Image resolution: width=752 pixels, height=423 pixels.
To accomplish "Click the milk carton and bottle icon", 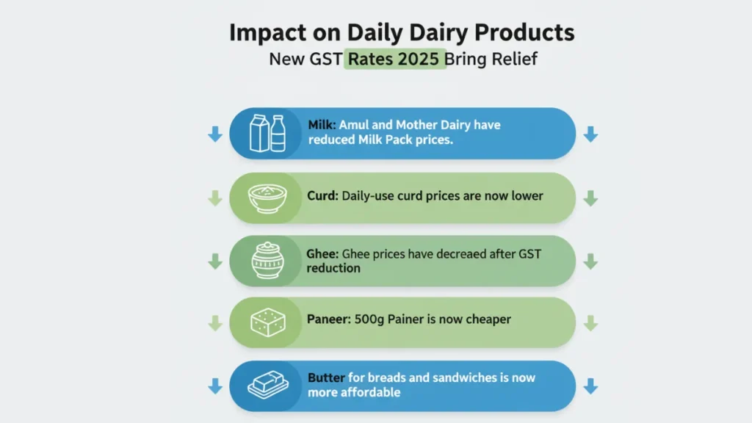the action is pos(267,134).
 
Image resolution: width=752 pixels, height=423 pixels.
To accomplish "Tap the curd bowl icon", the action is pos(267,198).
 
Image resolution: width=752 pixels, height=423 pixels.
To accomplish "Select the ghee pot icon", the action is pos(267,261).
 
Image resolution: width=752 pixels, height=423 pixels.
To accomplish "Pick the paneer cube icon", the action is pos(268,322).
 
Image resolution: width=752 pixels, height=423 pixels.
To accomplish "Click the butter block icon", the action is pos(268,385).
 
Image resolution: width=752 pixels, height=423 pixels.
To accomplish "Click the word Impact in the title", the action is pos(267,32).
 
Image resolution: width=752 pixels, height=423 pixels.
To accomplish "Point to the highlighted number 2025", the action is pos(418,59).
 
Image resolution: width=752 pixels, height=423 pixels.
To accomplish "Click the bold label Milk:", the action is pos(322,125).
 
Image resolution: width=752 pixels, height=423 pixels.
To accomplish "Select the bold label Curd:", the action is pos(323,195).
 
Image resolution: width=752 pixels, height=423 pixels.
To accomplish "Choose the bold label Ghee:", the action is pos(322,253).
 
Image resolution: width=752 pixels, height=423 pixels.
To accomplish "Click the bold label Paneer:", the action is pos(329,319).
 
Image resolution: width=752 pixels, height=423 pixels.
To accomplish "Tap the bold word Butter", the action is pos(326,377).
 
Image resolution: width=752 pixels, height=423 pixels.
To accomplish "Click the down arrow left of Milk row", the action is pos(215,134).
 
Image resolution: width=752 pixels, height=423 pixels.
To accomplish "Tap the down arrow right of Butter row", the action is pos(590,386).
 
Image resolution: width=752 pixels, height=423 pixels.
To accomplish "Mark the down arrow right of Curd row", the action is pos(590,198).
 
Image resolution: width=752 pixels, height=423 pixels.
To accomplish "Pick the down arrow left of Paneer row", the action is pos(215,323).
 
